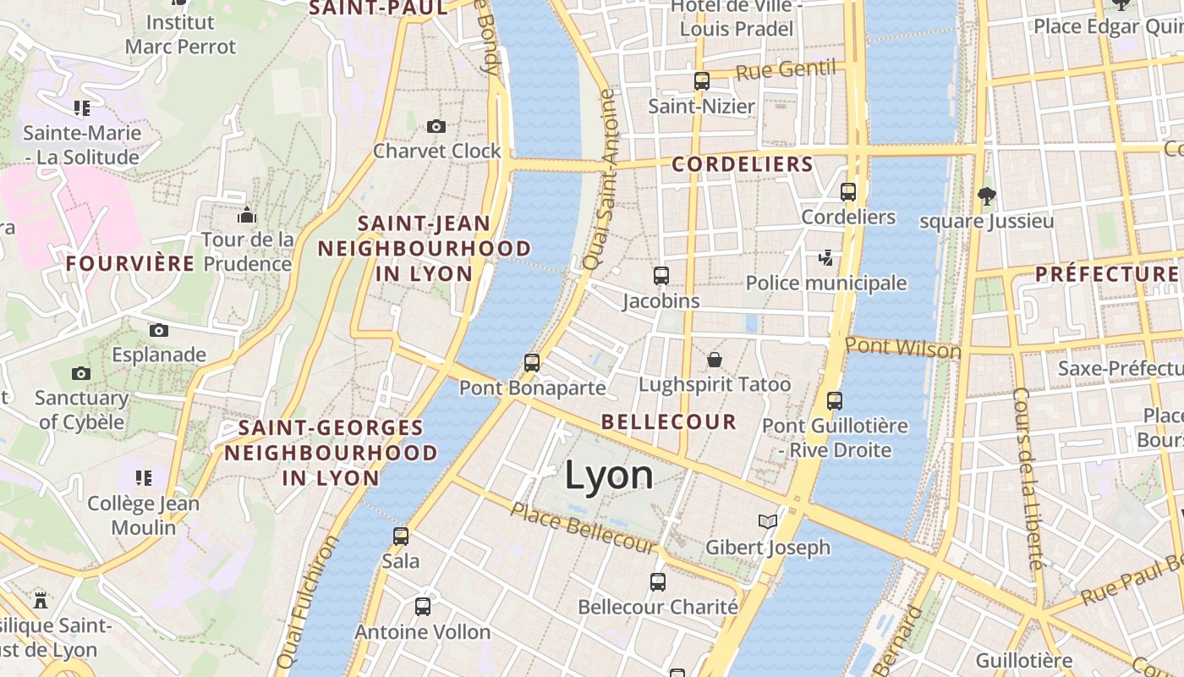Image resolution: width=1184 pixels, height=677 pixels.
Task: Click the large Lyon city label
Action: tap(609, 476)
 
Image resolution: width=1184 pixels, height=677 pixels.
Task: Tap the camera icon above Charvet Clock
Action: tap(436, 127)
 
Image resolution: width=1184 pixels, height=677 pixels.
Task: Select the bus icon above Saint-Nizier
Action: tap(702, 81)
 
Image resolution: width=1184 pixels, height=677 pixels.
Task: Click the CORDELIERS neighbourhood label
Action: tap(743, 164)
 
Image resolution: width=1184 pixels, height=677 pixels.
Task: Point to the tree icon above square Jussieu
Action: tap(986, 196)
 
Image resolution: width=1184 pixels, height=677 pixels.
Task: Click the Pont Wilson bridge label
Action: tap(903, 347)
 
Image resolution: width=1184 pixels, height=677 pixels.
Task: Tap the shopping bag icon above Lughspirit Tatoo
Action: tap(715, 360)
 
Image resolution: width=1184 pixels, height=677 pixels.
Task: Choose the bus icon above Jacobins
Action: tap(661, 276)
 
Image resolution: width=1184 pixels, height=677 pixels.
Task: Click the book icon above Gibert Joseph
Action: tap(768, 522)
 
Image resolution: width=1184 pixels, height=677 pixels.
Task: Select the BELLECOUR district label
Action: tap(669, 421)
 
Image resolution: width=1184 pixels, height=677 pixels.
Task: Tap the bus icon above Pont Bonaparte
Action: tap(532, 363)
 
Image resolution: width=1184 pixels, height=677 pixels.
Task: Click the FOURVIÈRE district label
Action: tap(130, 263)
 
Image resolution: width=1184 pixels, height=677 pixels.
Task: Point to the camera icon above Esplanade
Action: tap(159, 330)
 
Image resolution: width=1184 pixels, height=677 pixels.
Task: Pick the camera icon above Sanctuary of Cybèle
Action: tap(81, 373)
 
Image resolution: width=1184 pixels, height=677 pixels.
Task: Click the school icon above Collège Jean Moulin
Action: tap(144, 478)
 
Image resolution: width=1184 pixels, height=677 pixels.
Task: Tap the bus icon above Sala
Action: tap(401, 536)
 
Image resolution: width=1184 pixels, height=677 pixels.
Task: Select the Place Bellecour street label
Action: tap(583, 528)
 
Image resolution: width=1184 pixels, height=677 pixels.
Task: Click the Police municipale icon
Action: tap(825, 258)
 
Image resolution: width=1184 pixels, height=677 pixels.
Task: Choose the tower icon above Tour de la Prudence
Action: tap(247, 215)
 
